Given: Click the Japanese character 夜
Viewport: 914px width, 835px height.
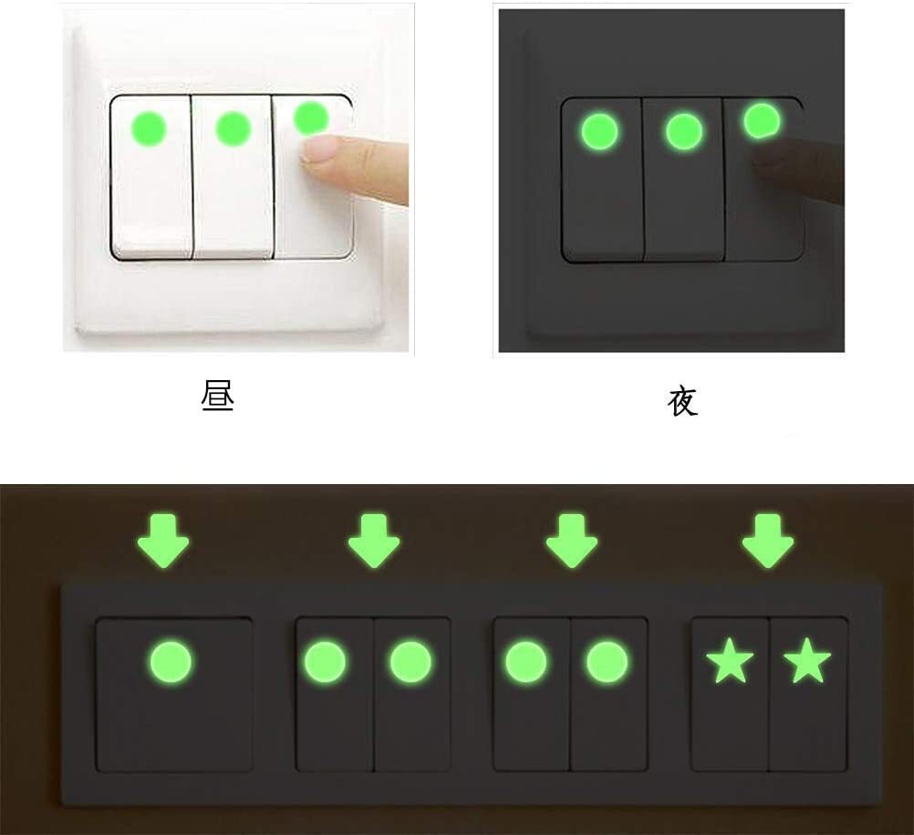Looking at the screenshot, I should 682,401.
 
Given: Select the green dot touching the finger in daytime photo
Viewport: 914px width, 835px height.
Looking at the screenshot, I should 311,118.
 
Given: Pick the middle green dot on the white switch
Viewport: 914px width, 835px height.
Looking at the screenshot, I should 234,128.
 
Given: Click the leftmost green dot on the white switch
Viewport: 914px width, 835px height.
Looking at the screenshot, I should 150,128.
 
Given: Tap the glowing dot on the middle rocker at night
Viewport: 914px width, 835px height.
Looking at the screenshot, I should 683,132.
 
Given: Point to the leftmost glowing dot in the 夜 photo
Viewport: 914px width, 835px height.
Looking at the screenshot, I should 598,131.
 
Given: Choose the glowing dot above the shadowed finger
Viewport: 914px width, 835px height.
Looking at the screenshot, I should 762,120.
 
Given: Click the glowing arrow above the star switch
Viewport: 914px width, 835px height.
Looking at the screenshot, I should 767,541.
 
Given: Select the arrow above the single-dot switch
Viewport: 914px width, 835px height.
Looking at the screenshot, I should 163,541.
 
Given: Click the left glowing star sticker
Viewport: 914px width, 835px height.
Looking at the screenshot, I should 730,662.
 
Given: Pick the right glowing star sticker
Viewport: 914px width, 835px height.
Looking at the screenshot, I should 807,662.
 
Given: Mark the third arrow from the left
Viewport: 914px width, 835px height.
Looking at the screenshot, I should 571,541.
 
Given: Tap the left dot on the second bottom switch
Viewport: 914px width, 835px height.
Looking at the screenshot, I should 325,661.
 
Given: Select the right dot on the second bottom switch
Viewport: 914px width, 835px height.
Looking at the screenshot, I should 410,661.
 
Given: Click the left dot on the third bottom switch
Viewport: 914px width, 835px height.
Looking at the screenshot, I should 526,661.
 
